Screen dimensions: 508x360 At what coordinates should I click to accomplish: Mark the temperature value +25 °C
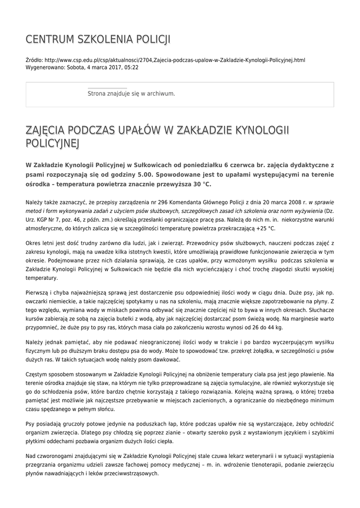tap(265, 229)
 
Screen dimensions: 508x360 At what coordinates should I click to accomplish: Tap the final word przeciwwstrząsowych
tap(130, 474)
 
